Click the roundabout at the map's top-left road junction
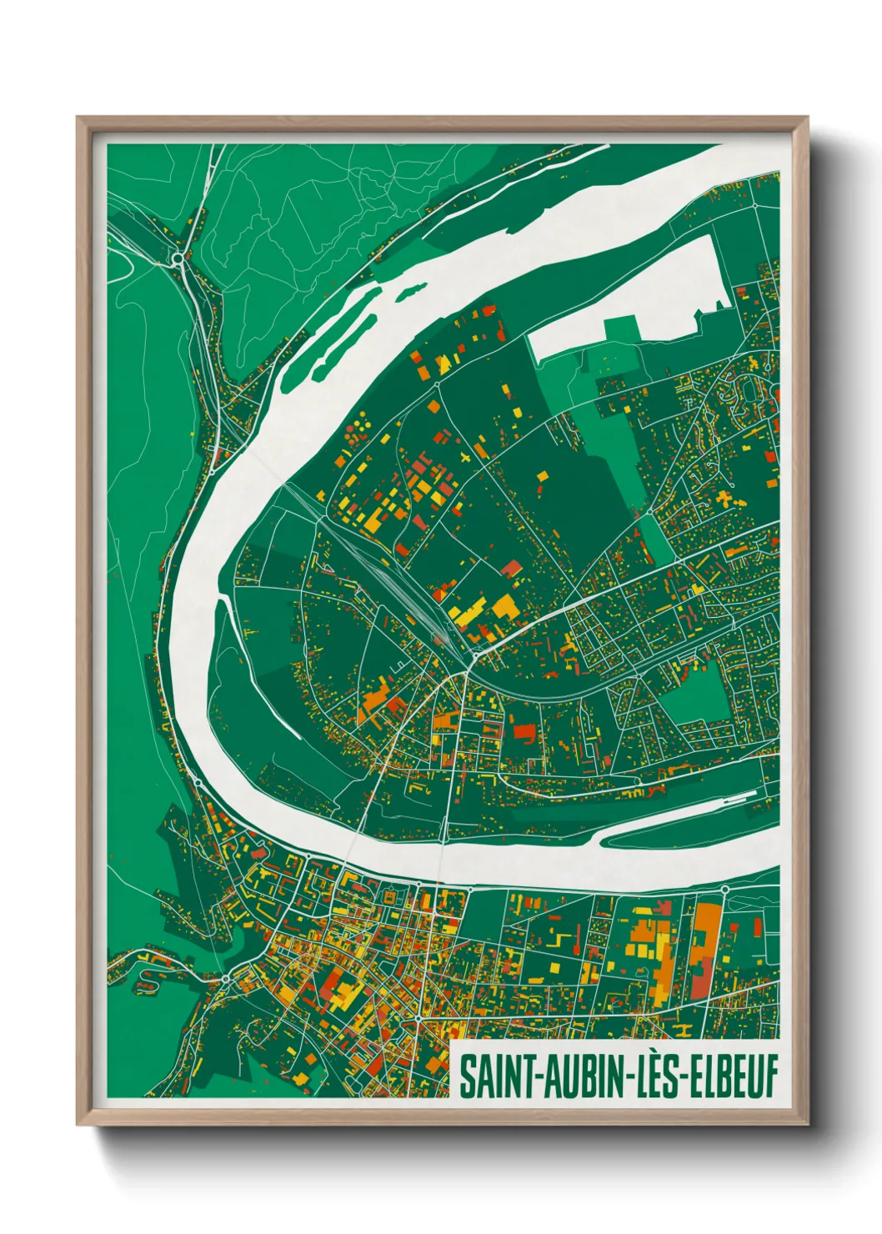pos(178,260)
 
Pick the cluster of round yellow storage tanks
pos(359,429)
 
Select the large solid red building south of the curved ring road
pos(524,732)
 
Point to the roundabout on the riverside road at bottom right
pos(724,890)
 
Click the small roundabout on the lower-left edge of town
pos(225,978)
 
